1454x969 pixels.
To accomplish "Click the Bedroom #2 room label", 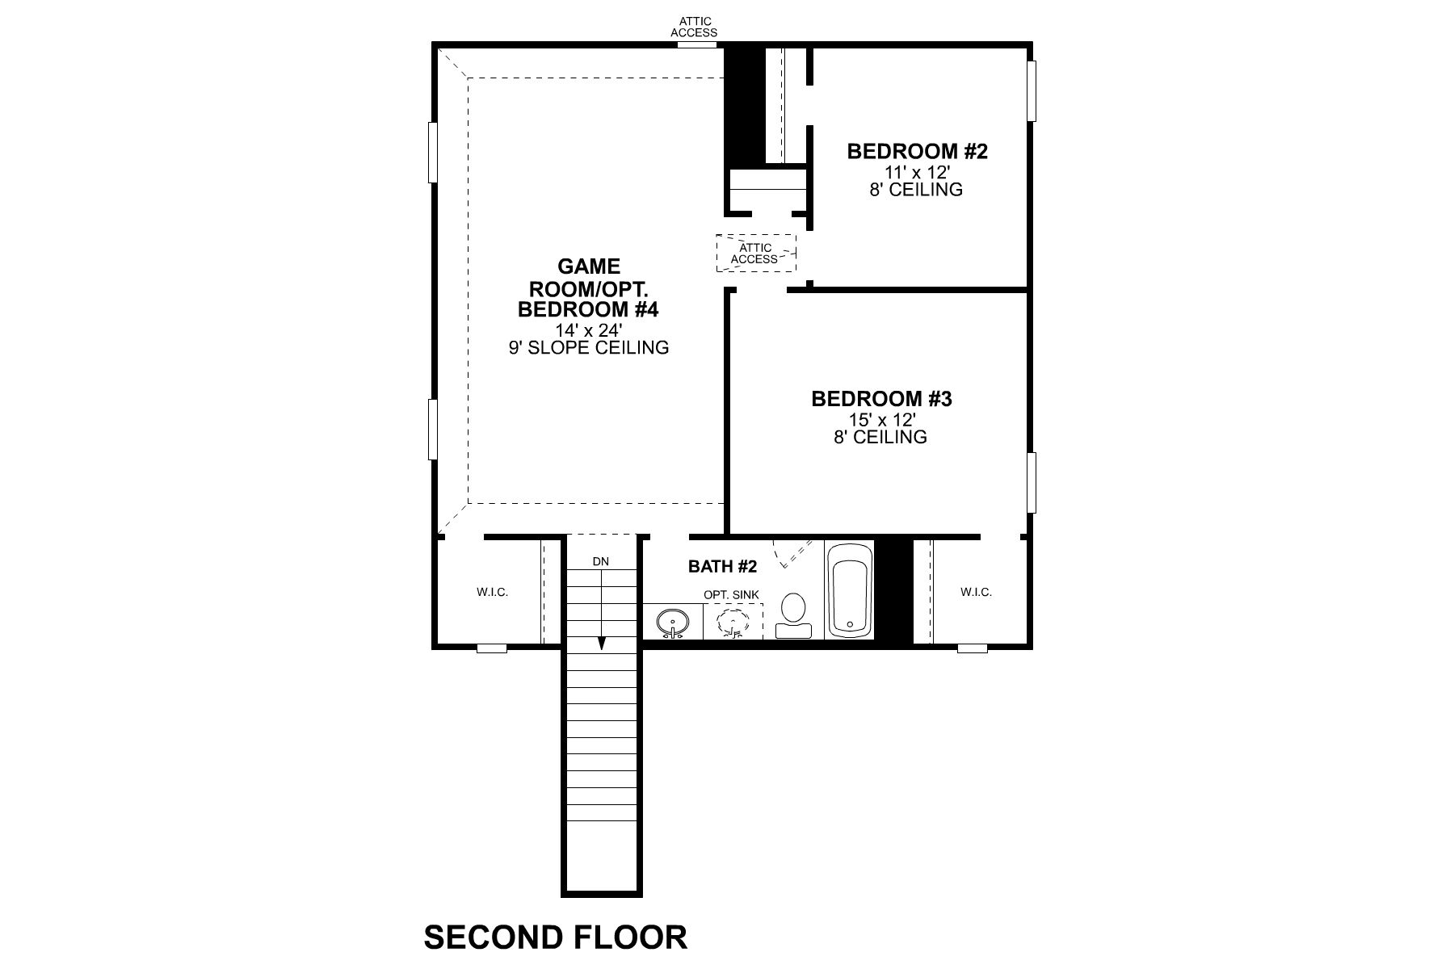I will [x=917, y=151].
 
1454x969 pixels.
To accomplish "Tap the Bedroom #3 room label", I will [x=881, y=398].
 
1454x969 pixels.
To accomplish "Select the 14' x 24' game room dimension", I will [x=588, y=330].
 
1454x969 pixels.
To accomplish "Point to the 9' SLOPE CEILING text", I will [x=588, y=348].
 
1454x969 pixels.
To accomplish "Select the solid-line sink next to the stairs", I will [x=672, y=623].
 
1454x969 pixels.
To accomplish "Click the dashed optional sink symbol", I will [x=733, y=623].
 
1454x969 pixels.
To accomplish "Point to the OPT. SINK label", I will [x=731, y=595].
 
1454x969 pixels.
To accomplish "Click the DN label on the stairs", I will [x=601, y=561].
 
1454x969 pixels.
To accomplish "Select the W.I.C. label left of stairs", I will [x=492, y=592].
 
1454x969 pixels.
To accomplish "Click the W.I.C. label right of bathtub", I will [x=976, y=592].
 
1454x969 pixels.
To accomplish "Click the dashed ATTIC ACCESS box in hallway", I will [x=756, y=254].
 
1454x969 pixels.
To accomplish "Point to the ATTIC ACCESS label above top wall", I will [x=694, y=27].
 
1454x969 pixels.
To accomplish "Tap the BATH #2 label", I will [x=722, y=567].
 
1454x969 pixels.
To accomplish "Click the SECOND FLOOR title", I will [x=556, y=938].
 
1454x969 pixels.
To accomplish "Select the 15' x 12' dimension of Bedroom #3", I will [x=880, y=420].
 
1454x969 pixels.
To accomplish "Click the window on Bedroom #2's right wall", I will [x=1032, y=91].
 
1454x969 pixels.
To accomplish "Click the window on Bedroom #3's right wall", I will [x=1032, y=482].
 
